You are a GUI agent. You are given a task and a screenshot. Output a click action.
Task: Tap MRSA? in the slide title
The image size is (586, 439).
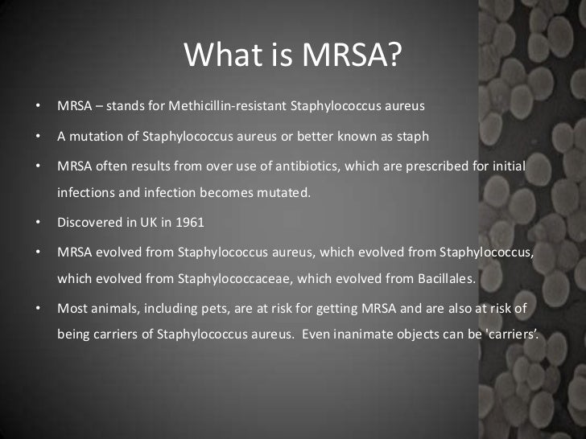tap(351, 55)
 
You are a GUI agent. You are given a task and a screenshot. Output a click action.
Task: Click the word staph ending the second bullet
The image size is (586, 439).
tap(412, 136)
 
